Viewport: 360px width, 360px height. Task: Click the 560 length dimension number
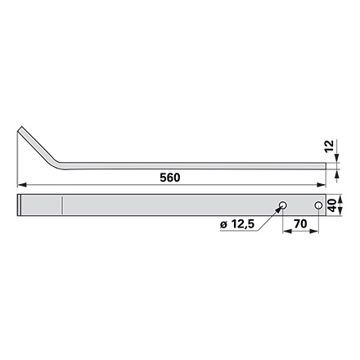coord(170,178)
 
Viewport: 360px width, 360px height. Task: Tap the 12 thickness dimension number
coord(330,146)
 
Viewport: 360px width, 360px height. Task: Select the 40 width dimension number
coord(331,205)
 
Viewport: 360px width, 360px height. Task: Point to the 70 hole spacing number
coord(300,224)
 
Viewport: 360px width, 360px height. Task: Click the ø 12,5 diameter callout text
coord(237,224)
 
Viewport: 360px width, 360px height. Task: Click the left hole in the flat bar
coord(282,205)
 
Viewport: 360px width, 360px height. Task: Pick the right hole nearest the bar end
coord(318,205)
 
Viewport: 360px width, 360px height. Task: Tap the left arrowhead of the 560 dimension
coord(21,185)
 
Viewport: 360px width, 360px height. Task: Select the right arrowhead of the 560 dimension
coord(322,185)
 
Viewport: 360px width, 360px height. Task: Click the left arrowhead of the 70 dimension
coord(287,232)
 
